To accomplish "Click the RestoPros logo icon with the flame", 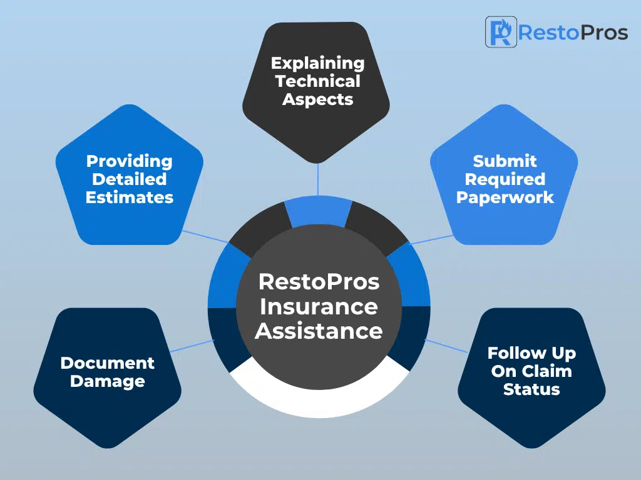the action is (x=501, y=32).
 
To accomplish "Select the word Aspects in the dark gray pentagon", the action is (x=317, y=99).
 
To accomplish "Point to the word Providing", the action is (x=129, y=162).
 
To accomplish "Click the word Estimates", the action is (x=129, y=197).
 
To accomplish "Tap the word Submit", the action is (x=505, y=161).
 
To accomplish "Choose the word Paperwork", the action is (x=505, y=197).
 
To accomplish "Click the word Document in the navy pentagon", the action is (x=108, y=363).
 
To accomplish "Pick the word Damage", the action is (x=108, y=382).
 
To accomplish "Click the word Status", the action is (x=531, y=389).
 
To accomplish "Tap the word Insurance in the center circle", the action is (x=319, y=306).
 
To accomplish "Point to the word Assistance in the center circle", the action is (x=319, y=331).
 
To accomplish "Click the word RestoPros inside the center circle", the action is (x=319, y=282).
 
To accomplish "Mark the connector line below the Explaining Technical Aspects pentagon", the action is (x=317, y=179).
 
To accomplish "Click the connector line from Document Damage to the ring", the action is (x=192, y=346).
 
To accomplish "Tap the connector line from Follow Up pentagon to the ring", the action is (x=446, y=346).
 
